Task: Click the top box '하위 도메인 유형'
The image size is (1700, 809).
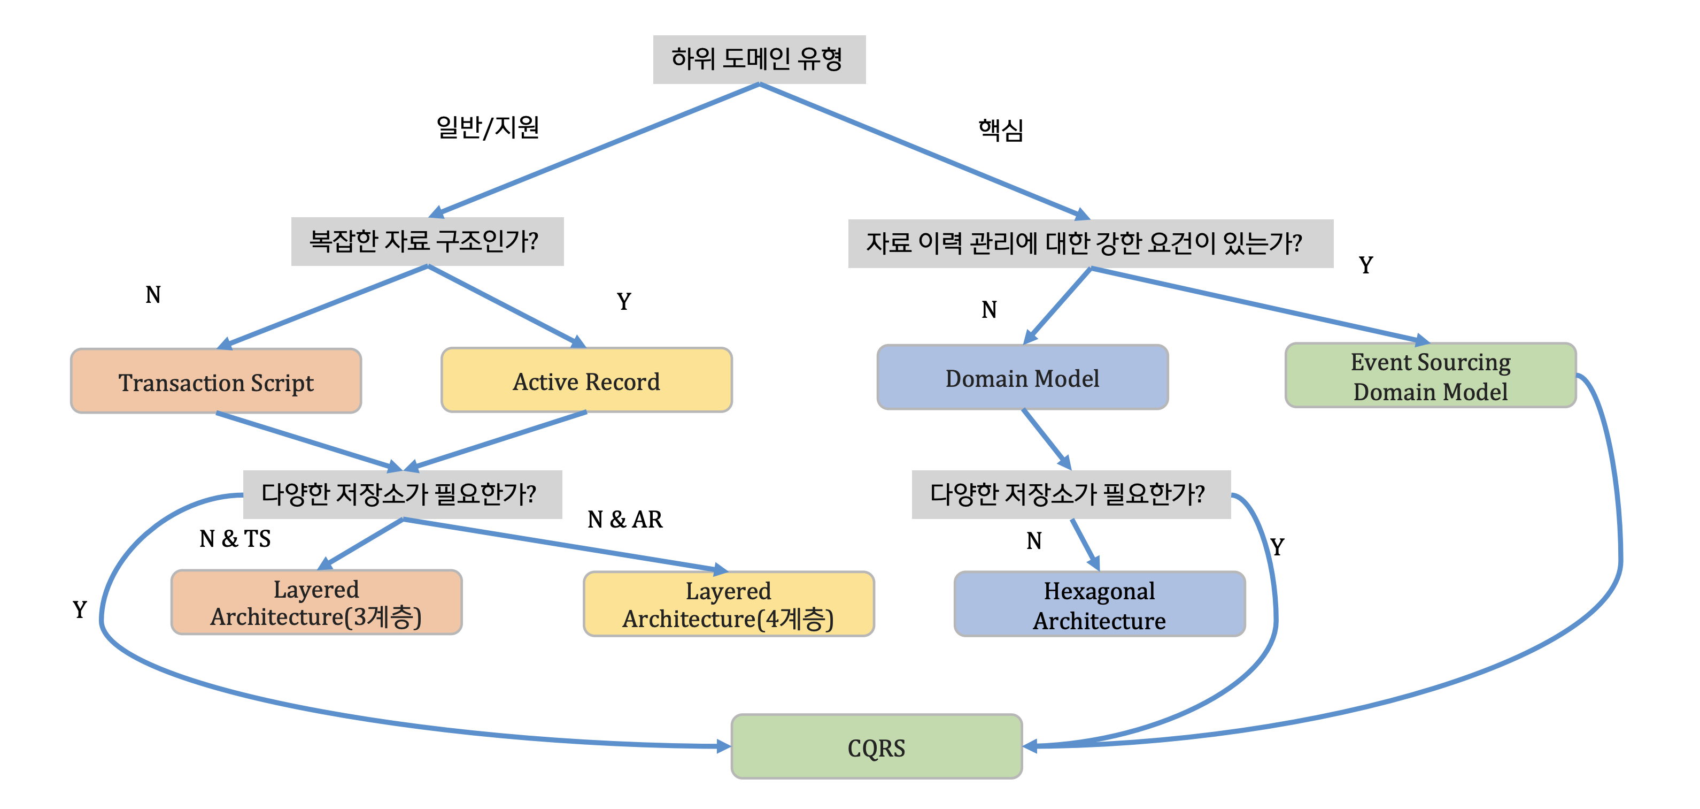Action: (759, 59)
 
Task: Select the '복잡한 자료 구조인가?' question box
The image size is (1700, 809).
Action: (427, 241)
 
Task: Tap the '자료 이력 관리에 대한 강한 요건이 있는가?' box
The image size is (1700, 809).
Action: (1090, 243)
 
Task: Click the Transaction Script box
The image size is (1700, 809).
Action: (216, 381)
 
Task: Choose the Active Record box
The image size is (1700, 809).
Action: (586, 380)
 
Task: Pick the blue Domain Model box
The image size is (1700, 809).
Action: (1022, 377)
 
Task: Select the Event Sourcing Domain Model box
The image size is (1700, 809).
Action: (1430, 375)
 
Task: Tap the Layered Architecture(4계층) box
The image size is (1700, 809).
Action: (729, 604)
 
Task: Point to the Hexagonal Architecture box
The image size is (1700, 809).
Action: (1100, 604)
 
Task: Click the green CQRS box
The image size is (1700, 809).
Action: (876, 746)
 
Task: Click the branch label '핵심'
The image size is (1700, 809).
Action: (1000, 129)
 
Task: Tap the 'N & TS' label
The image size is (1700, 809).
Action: (235, 539)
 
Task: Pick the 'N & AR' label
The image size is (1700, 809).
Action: (625, 520)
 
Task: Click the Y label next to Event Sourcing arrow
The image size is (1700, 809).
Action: (1366, 265)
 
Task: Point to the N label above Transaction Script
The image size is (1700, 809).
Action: (153, 294)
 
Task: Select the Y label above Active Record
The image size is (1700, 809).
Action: (624, 301)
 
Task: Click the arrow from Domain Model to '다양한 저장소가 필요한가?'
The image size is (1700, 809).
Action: (1047, 439)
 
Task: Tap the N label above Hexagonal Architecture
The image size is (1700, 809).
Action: (1034, 541)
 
